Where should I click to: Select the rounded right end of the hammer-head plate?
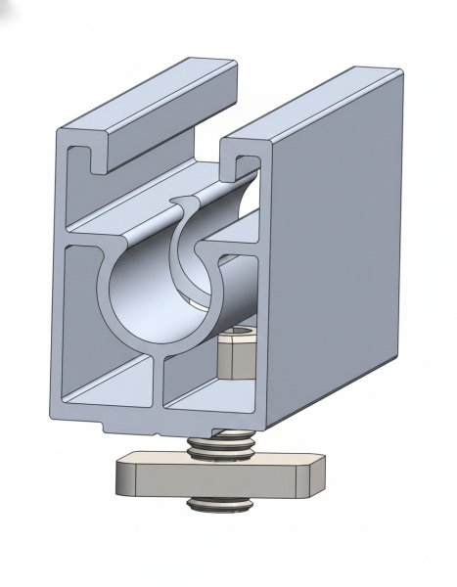311,476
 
